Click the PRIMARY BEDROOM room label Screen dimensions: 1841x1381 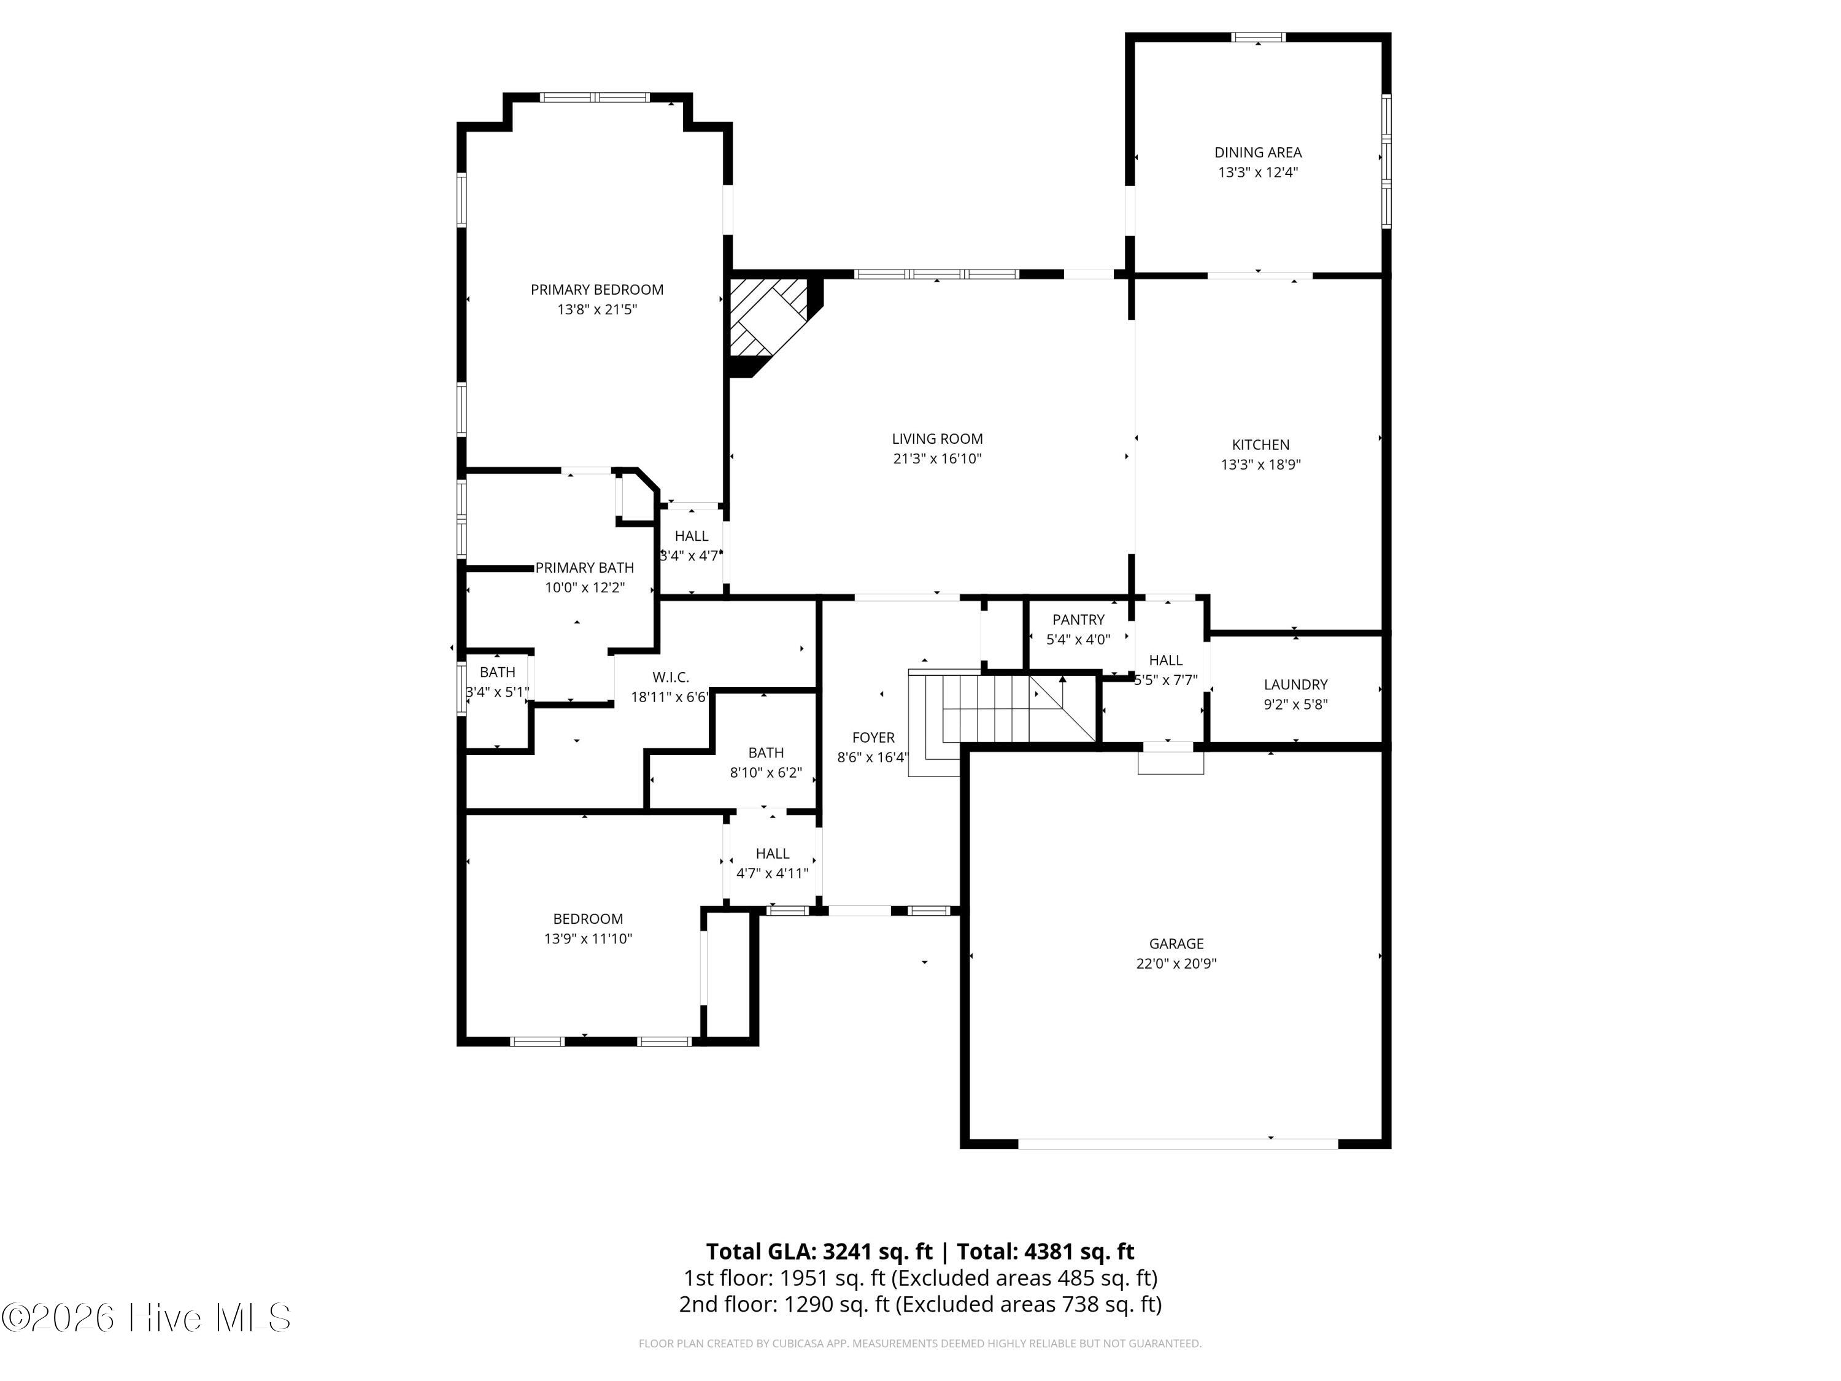click(596, 290)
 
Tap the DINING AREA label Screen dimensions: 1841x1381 click(1257, 152)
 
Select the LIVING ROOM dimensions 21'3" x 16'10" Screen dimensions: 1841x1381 click(937, 458)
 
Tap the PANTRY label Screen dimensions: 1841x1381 click(1079, 620)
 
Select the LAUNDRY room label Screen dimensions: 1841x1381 click(1296, 685)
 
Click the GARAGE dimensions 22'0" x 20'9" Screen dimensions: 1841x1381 click(1176, 964)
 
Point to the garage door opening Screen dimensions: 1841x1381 click(1178, 1143)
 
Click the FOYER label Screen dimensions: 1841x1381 click(873, 738)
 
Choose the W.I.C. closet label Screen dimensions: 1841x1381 click(671, 678)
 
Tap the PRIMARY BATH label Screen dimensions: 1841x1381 click(584, 568)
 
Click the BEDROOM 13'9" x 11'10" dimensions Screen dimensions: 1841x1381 click(589, 939)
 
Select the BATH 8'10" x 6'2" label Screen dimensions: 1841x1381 click(766, 753)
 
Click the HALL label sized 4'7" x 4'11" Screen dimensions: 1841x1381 click(773, 854)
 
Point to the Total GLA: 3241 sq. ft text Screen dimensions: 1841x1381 click(820, 1252)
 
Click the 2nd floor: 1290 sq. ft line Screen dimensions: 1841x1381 click(920, 1304)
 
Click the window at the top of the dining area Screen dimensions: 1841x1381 click(1259, 37)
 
